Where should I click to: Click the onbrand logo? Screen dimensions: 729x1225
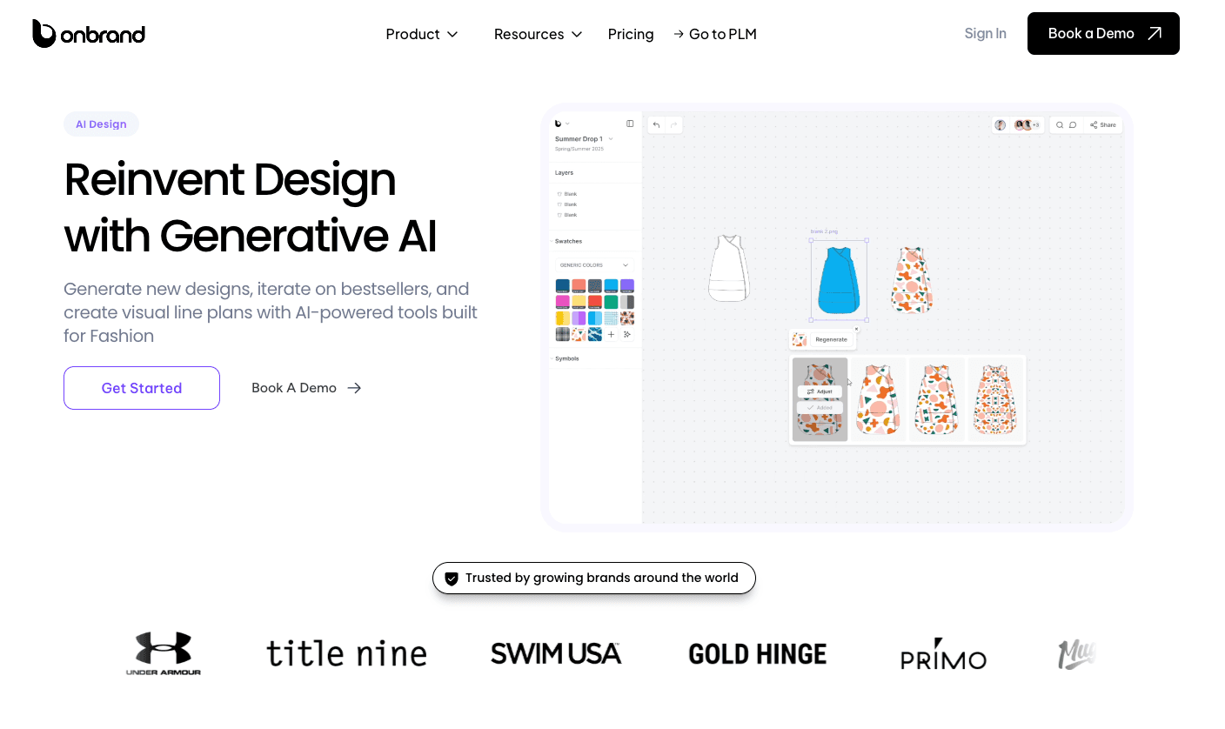click(x=89, y=34)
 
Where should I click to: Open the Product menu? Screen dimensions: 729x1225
click(x=421, y=34)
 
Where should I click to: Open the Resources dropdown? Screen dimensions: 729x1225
click(x=538, y=34)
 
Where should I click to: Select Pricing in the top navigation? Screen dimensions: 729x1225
click(x=631, y=34)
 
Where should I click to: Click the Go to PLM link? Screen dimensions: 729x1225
click(x=714, y=34)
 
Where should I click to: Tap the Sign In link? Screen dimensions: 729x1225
click(x=985, y=33)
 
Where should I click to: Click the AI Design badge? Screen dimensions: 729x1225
click(x=101, y=124)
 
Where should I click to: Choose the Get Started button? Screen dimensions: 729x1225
click(x=142, y=388)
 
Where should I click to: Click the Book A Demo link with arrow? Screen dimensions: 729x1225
click(x=306, y=388)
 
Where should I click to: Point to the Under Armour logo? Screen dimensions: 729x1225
click(x=164, y=653)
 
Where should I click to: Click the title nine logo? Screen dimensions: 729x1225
click(x=346, y=653)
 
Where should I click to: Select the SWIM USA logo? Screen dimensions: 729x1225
click(x=556, y=653)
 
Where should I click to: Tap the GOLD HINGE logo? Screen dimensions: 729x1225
click(x=757, y=654)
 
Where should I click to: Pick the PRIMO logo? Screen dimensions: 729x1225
click(x=943, y=655)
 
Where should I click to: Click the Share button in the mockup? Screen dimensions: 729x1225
click(x=1103, y=125)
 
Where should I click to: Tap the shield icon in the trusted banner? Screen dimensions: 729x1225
click(x=452, y=579)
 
